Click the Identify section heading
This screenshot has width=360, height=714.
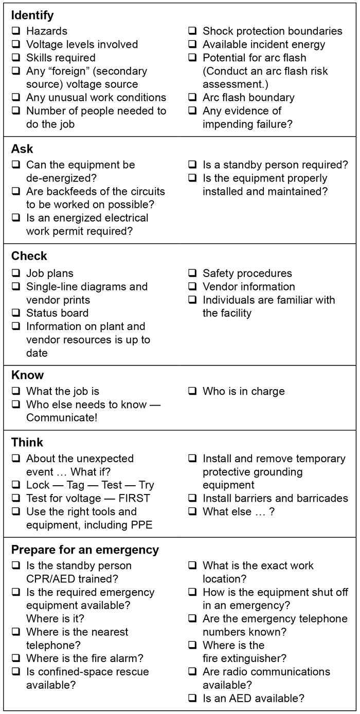pos(32,15)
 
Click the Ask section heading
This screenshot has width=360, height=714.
pos(22,149)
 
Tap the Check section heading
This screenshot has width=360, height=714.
pos(29,256)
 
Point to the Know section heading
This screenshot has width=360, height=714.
pos(28,375)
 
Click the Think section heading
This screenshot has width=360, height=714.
pos(27,443)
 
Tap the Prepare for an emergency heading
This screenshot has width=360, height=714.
pos(85,550)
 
